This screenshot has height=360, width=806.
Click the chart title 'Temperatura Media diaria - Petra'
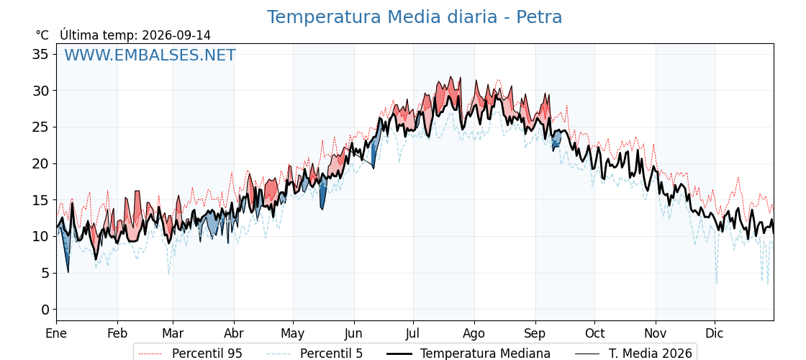(415, 17)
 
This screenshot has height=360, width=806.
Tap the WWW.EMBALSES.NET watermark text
(150, 55)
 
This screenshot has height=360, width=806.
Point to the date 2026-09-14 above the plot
(176, 35)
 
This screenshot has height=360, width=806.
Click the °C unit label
(42, 35)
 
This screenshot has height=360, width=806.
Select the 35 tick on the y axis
(41, 54)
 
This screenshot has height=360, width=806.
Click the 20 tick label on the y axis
(41, 163)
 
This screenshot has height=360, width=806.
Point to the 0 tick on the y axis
(46, 310)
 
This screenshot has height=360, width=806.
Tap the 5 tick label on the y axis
(46, 273)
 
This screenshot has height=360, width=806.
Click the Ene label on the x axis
(56, 333)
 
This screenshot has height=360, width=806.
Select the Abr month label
(234, 333)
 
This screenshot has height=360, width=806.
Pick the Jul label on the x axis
(413, 333)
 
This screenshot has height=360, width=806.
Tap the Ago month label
(474, 333)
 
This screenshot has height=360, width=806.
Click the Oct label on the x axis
(594, 333)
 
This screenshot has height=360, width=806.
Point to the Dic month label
(715, 333)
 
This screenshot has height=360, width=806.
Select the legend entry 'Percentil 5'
(315, 354)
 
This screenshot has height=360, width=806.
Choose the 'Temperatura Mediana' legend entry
(468, 354)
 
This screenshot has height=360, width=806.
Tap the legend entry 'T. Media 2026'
(633, 354)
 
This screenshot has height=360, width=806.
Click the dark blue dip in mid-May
(323, 194)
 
